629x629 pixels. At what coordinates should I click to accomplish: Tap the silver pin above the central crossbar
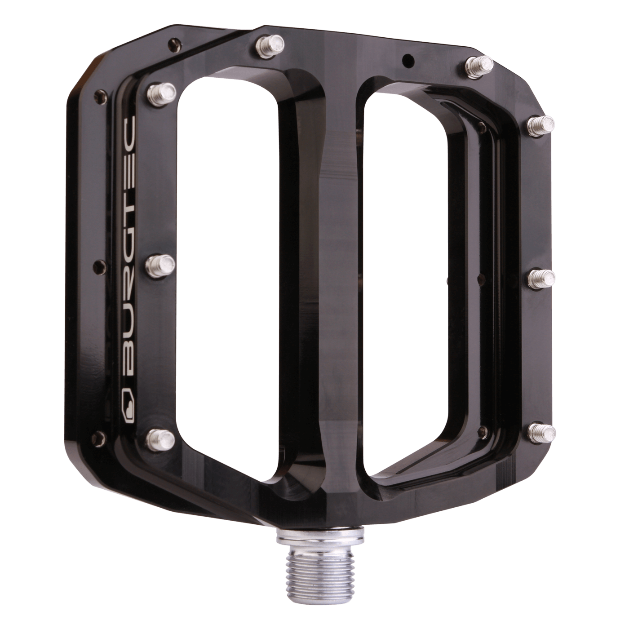point(270,44)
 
